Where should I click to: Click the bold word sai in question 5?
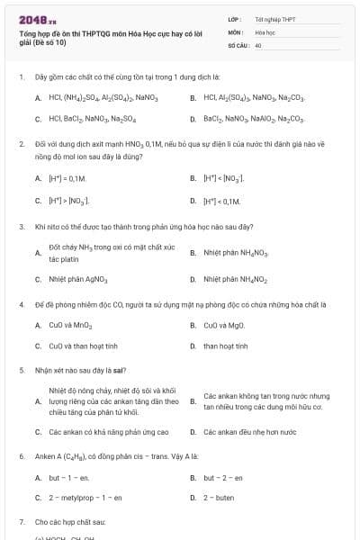pyautogui.click(x=120, y=370)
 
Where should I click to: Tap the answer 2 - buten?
pyautogui.click(x=220, y=497)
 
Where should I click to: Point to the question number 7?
pyautogui.click(x=20, y=522)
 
